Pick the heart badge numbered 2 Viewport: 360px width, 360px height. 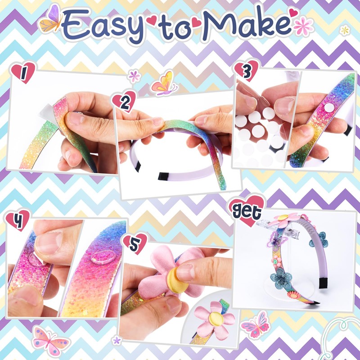pos(124,102)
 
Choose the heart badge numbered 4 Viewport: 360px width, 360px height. pos(18,220)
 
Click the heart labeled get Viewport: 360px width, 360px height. pos(247,210)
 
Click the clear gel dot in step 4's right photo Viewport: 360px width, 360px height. pos(99,259)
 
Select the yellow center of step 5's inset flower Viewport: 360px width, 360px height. pos(215,319)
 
